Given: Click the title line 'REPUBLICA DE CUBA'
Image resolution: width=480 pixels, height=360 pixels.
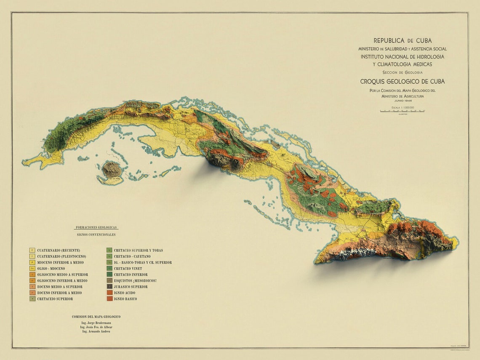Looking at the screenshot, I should pos(403,40).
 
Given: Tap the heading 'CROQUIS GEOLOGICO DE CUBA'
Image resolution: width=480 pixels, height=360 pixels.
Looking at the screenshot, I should pos(403,81).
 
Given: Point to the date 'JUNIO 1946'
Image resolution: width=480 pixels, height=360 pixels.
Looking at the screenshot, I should pos(403,101).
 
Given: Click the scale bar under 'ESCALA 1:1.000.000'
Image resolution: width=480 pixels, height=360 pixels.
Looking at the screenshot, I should pos(403,111).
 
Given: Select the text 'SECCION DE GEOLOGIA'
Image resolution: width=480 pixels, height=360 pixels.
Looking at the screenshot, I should pos(403,72).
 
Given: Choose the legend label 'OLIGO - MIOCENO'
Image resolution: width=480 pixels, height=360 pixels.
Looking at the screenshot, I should pos(51,268).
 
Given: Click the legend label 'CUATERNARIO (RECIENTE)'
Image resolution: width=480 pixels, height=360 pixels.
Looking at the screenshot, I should pos(59,250).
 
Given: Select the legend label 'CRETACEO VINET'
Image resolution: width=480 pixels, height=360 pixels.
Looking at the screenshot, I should pos(128,268).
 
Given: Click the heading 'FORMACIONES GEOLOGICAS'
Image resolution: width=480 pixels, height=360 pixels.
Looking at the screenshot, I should pos(96,227).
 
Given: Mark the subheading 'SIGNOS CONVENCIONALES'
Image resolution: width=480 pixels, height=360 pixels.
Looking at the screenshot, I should pos(96,235).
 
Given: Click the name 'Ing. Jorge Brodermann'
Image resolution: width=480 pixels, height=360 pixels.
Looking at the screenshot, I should pos(96,323).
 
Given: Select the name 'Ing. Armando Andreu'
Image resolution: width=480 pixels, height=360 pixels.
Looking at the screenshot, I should pos(96,331).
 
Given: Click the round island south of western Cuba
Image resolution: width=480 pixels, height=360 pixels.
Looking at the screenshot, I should pos(111,170).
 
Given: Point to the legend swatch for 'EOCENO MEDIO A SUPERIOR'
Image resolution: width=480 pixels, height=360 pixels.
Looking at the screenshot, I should pos(32,287).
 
